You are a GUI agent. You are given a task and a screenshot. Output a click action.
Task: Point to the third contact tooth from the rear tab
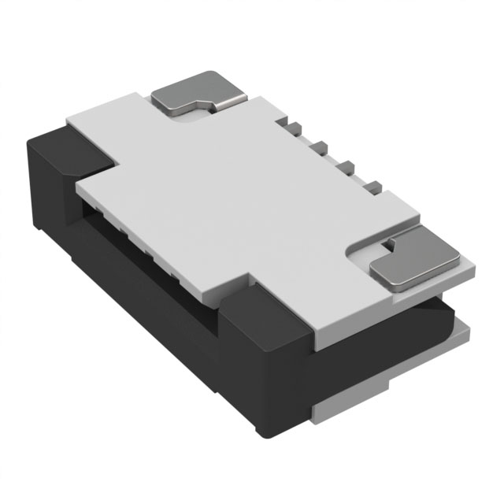345,165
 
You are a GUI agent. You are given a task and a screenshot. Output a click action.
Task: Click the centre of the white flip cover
236,205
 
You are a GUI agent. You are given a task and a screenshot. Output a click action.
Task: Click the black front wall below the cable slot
157,291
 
